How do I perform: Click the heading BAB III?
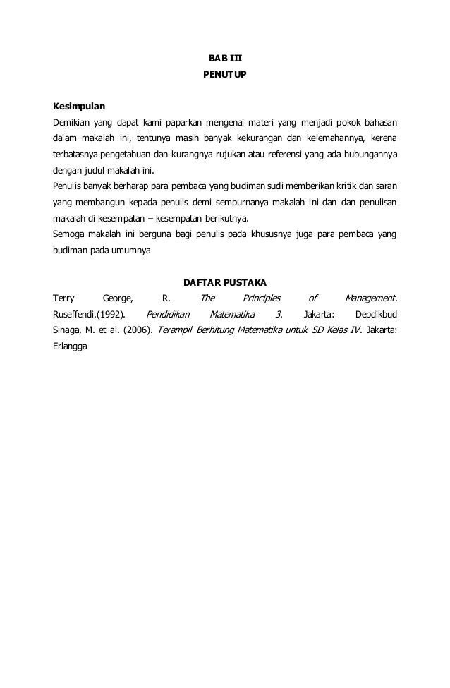click(224, 57)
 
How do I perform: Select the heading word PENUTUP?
click(224, 73)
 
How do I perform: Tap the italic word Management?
click(370, 298)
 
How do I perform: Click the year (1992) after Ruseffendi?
click(111, 314)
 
